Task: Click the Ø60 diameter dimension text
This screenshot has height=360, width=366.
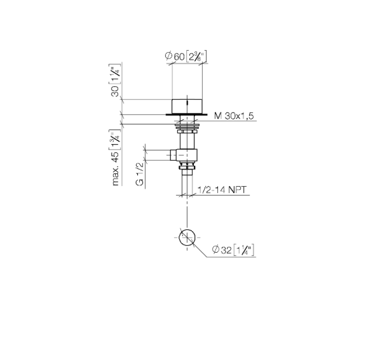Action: point(175,57)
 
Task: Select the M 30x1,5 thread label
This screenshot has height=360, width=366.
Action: point(234,116)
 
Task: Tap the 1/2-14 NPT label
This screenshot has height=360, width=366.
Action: point(222,190)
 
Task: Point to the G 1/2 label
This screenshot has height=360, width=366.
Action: point(140,174)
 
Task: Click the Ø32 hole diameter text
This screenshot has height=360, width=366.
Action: point(222,250)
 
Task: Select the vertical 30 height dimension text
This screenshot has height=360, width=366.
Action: point(115,91)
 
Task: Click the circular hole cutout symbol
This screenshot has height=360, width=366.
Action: point(187,237)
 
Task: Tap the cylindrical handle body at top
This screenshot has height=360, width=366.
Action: point(187,107)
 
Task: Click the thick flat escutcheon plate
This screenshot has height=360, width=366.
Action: point(187,114)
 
